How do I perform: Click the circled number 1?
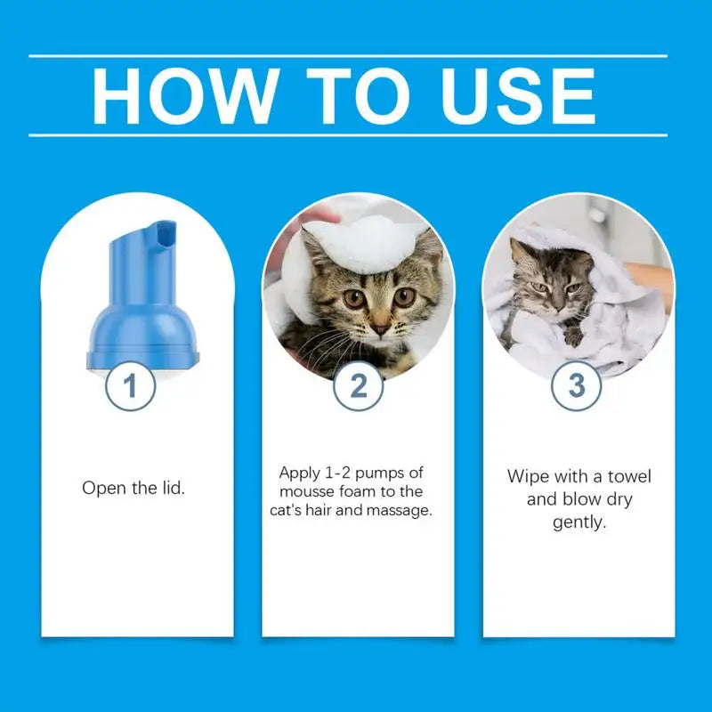(x=130, y=385)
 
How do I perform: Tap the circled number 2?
(x=358, y=385)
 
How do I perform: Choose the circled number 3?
(x=577, y=385)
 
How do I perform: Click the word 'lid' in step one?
(x=172, y=488)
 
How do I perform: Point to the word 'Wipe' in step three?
(x=527, y=476)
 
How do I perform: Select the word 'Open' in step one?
(x=101, y=488)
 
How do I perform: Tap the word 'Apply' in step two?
(x=299, y=472)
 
